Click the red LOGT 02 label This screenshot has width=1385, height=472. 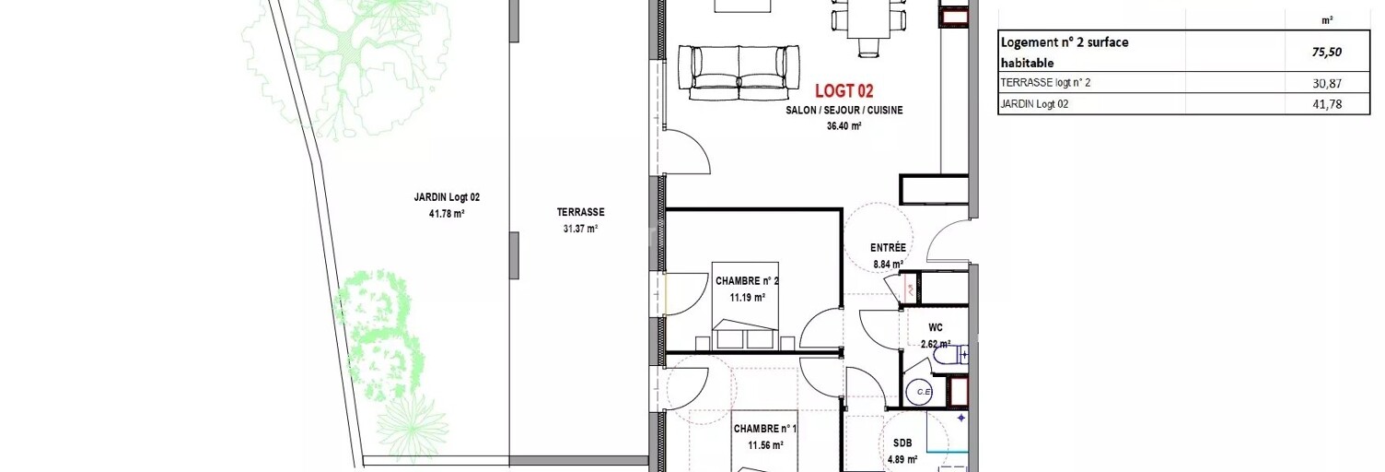pyautogui.click(x=844, y=91)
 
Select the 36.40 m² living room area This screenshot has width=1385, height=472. pyautogui.click(x=844, y=126)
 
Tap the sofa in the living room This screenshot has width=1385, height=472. pyautogui.click(x=739, y=73)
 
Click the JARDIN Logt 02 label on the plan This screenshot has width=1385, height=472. pyautogui.click(x=447, y=197)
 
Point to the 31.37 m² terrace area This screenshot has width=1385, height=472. pyautogui.click(x=580, y=229)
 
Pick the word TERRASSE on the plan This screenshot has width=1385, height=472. pyautogui.click(x=580, y=212)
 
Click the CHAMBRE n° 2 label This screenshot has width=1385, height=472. pyautogui.click(x=747, y=281)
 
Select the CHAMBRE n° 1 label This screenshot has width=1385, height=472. pyautogui.click(x=765, y=429)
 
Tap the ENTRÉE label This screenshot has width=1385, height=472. pyautogui.click(x=888, y=247)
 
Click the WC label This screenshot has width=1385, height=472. pyautogui.click(x=936, y=328)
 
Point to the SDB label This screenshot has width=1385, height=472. pyautogui.click(x=902, y=442)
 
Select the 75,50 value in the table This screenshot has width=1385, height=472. pyautogui.click(x=1327, y=52)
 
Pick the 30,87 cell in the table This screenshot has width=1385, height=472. pyautogui.click(x=1327, y=83)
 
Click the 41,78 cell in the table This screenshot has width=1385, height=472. pyautogui.click(x=1327, y=104)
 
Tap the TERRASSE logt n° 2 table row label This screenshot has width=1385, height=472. pyautogui.click(x=1045, y=82)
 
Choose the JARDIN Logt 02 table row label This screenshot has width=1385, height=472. pyautogui.click(x=1034, y=104)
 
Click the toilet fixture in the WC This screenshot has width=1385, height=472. pyautogui.click(x=950, y=356)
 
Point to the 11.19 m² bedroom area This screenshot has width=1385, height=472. pyautogui.click(x=747, y=298)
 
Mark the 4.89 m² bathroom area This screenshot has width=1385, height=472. pyautogui.click(x=902, y=460)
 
